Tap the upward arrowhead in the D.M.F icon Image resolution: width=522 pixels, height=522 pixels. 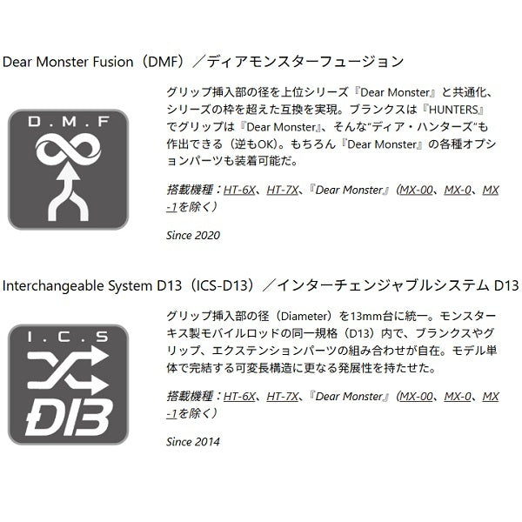[x=68, y=172]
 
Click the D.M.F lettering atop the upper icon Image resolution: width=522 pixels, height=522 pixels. [x=68, y=122]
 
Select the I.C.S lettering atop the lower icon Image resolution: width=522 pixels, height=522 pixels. [x=68, y=337]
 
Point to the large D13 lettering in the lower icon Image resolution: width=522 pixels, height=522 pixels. [x=68, y=418]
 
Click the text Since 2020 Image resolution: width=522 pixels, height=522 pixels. [x=193, y=236]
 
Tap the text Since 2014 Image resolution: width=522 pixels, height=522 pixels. [x=193, y=442]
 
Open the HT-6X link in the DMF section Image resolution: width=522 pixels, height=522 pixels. [x=239, y=190]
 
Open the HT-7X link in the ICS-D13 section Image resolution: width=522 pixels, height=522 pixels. [x=282, y=397]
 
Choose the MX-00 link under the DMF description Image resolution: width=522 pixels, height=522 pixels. [x=417, y=190]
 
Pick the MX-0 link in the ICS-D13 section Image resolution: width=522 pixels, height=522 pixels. [x=458, y=397]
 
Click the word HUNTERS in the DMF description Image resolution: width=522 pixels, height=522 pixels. [x=453, y=110]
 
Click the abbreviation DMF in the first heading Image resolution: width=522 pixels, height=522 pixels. [x=164, y=62]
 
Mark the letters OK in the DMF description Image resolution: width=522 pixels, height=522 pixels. [x=266, y=144]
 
